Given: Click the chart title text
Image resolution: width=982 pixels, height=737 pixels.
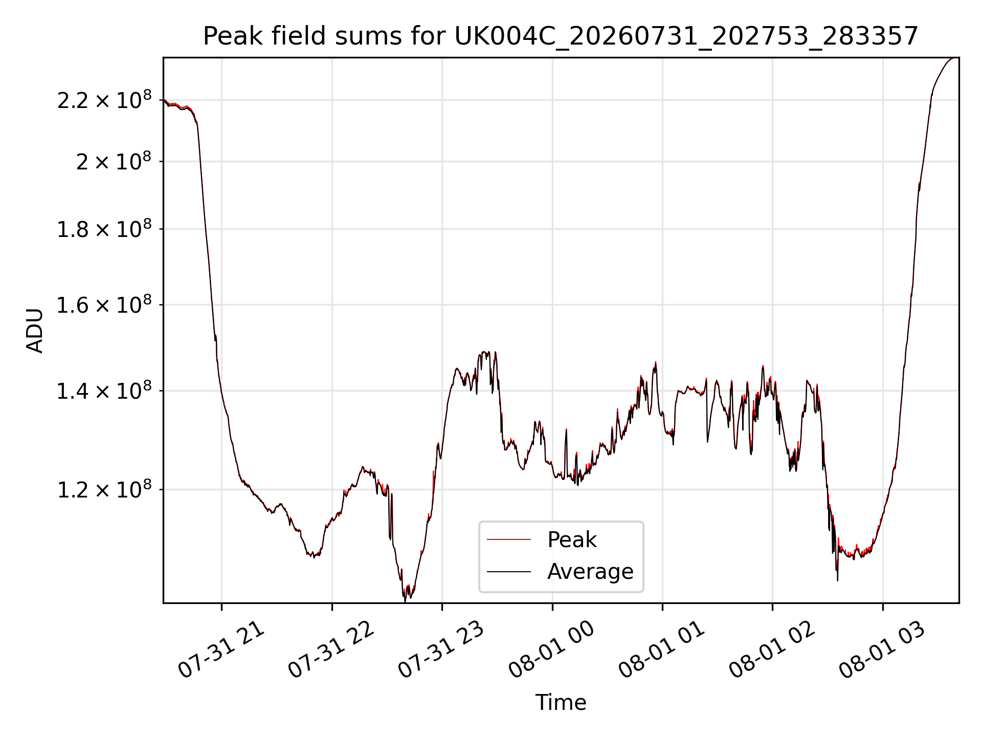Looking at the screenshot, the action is [x=561, y=36].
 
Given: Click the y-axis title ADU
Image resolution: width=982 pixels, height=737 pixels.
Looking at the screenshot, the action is [x=35, y=330].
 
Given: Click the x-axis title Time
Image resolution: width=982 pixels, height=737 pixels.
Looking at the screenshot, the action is [x=561, y=702].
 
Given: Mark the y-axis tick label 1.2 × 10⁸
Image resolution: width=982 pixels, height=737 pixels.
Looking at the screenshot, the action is [x=104, y=489].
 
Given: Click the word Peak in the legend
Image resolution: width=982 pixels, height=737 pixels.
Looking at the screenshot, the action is [x=572, y=539].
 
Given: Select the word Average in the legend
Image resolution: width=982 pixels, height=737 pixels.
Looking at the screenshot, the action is [x=590, y=571].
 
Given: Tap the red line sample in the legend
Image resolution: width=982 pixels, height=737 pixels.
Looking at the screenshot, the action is [x=509, y=539].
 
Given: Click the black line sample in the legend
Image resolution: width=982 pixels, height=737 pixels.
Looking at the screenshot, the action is [x=509, y=571].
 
